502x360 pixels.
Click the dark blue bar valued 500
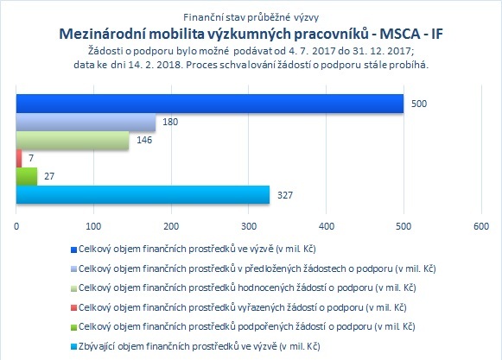210,104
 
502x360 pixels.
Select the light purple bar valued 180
86,122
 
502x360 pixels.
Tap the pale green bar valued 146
73,140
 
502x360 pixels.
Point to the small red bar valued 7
19,158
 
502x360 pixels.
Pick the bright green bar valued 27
27,176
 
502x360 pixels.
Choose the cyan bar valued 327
143,194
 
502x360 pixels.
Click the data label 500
419,104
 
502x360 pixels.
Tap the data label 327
285,195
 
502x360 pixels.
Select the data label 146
144,140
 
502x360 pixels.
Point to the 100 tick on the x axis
93,226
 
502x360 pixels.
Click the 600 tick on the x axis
481,226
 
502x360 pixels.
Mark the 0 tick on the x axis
16,226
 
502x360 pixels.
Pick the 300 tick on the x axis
249,226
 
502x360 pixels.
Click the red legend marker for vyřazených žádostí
73,308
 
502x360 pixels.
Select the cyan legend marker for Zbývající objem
73,346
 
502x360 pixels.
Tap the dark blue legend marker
73,249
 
